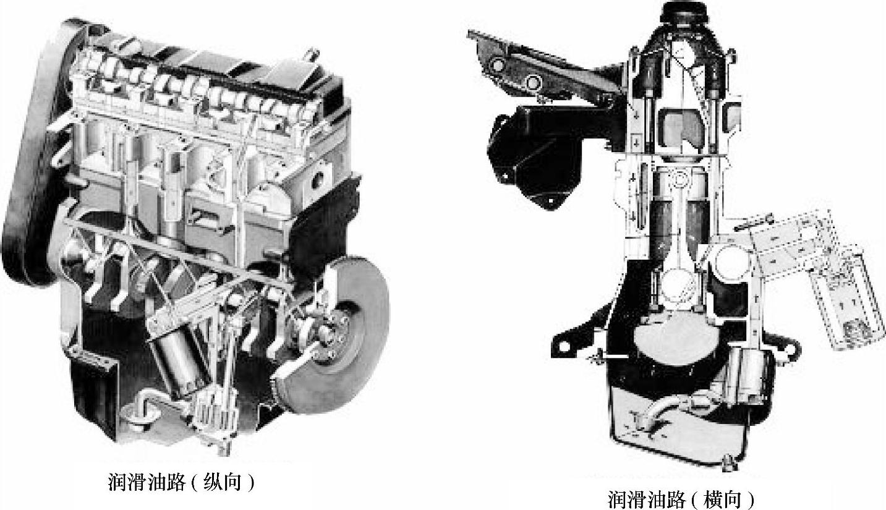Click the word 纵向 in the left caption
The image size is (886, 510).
(223, 482)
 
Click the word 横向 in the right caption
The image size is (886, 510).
(722, 499)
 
